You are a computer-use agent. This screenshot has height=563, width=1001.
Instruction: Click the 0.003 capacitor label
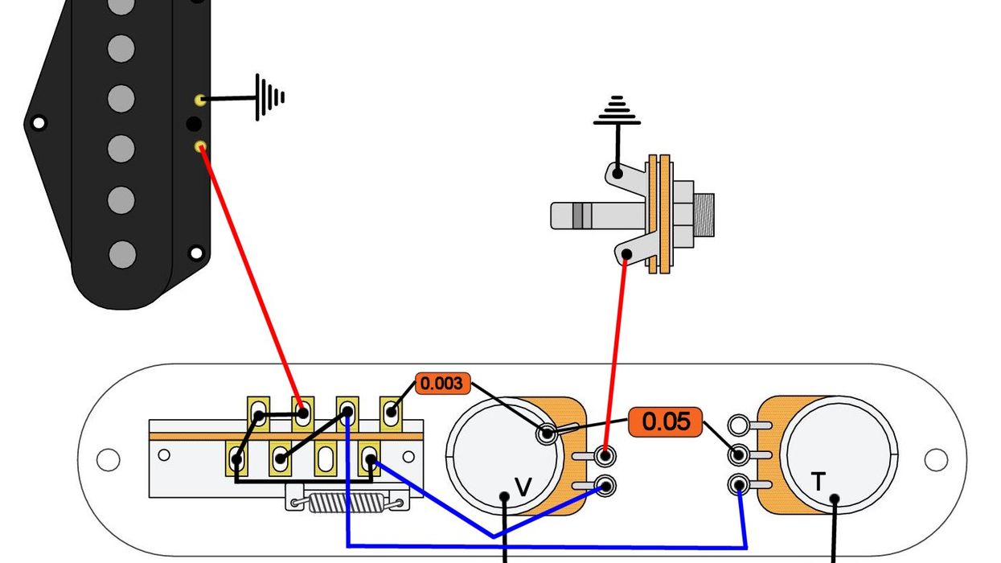point(442,384)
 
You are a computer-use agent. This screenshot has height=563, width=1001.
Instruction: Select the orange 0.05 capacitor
point(666,421)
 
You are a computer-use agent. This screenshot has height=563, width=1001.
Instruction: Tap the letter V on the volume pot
point(523,487)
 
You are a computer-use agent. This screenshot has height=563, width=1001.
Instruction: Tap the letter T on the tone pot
point(818,482)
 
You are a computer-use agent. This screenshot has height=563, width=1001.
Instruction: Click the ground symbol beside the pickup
point(269,97)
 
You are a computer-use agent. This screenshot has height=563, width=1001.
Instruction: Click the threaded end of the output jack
point(704,215)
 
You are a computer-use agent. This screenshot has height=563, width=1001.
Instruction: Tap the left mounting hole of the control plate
point(108,459)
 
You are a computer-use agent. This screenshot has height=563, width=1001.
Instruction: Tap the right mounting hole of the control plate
point(936,459)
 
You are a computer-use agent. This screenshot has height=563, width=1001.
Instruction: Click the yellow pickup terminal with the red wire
point(200,147)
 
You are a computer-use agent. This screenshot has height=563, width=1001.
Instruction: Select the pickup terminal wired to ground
point(199,100)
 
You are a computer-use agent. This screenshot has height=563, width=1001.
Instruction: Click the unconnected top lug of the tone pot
point(737,425)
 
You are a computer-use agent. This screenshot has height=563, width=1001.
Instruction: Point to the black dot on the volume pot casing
point(505,496)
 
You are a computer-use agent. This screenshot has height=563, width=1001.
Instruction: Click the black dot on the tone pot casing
point(835,499)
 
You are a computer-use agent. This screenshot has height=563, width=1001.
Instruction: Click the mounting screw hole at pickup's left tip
point(37,124)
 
